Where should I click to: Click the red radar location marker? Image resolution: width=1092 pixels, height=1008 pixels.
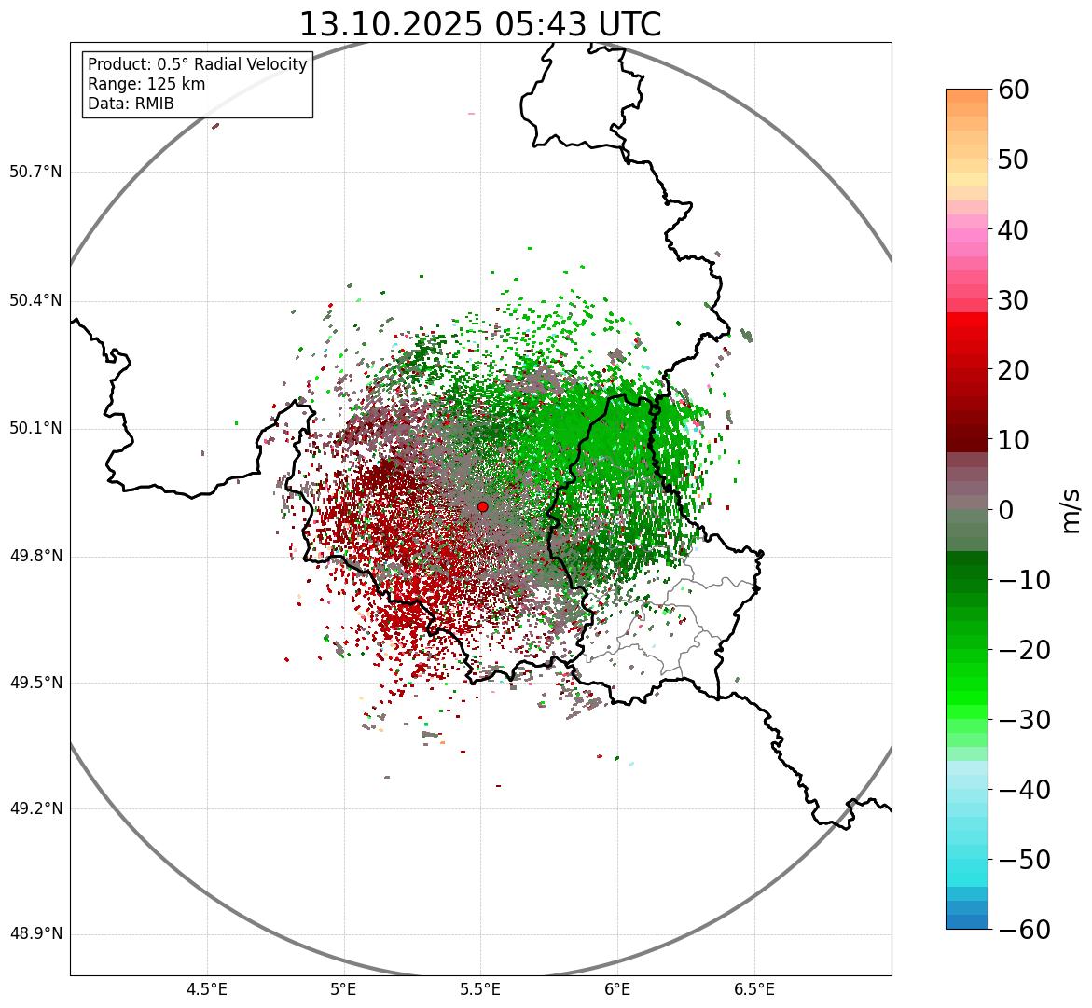[482, 506]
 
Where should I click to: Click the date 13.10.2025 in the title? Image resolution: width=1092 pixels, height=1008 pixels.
[391, 24]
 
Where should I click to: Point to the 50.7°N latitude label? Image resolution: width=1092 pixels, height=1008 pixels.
[35, 172]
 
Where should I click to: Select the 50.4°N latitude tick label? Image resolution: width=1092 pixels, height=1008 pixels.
[35, 300]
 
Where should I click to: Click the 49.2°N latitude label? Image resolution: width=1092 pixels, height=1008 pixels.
[35, 808]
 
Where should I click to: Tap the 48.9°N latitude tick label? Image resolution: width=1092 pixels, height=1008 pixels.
[35, 934]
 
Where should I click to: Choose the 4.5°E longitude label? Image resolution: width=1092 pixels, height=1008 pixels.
[207, 989]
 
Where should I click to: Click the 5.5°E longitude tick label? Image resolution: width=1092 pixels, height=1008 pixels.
[481, 989]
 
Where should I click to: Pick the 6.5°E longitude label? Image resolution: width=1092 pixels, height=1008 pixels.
[753, 989]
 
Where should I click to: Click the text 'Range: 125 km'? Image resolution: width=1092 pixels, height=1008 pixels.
[146, 84]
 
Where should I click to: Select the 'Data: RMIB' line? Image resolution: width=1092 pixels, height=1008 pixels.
[131, 104]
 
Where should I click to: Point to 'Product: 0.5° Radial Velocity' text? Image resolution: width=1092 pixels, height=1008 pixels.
[197, 64]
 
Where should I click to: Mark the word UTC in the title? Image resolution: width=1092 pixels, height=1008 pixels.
[628, 24]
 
